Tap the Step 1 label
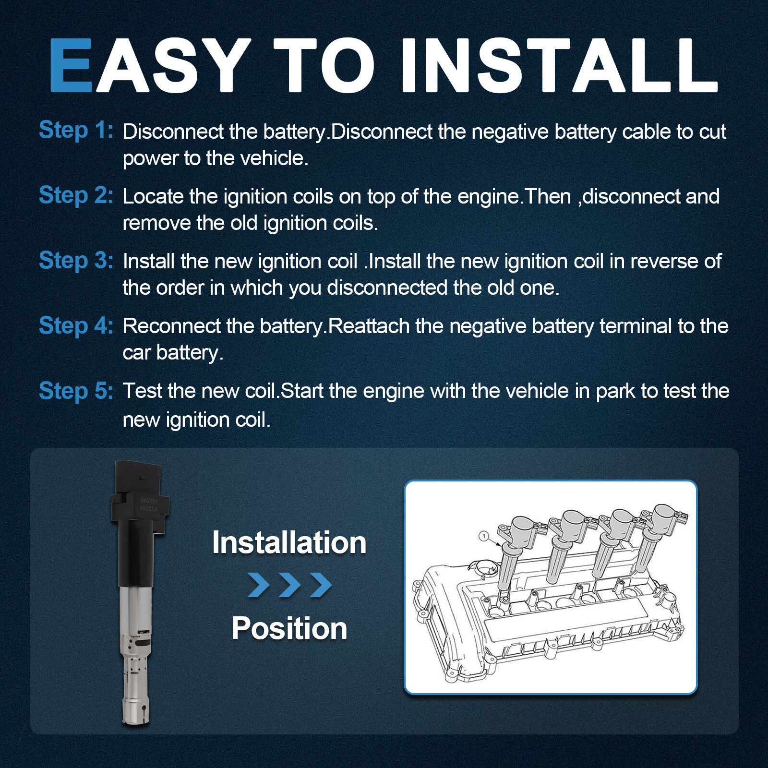click(76, 131)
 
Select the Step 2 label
click(76, 195)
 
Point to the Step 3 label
click(76, 261)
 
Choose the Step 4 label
click(76, 325)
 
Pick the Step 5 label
click(76, 391)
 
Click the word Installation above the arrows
click(289, 542)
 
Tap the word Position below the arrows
click(289, 628)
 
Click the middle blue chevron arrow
click(289, 585)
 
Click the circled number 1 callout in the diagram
click(484, 535)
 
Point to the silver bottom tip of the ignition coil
click(137, 710)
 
